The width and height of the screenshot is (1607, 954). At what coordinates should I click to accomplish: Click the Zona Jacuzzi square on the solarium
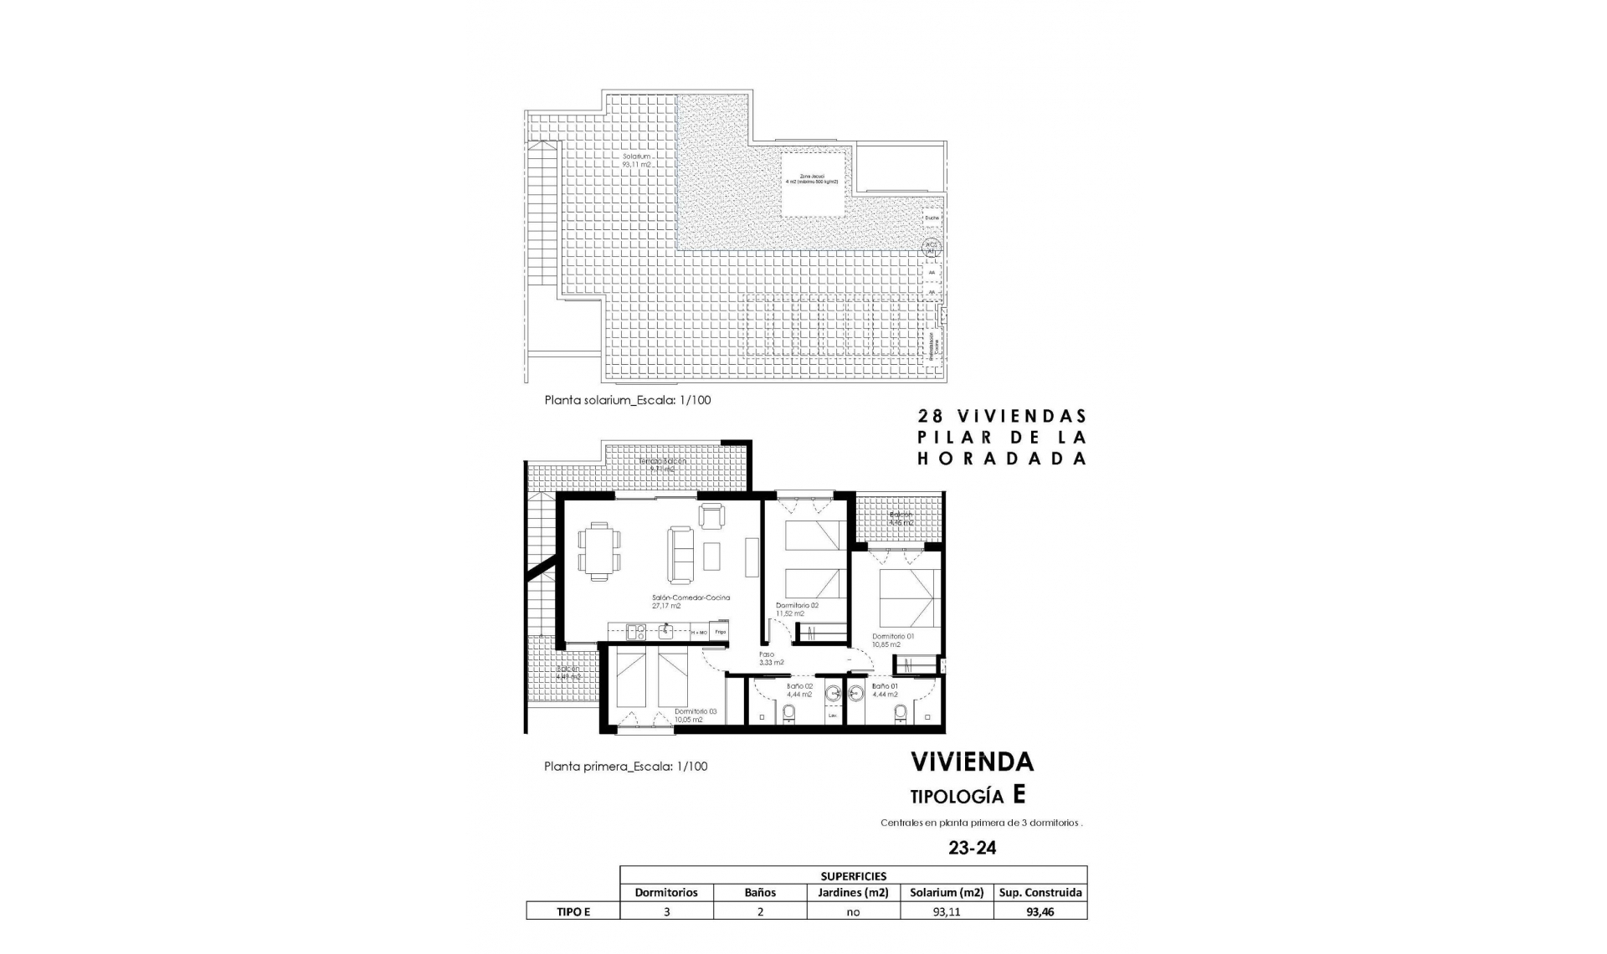coord(812,184)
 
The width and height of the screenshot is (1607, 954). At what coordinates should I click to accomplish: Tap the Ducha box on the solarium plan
coord(932,218)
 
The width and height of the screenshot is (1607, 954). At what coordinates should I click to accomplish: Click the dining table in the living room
coord(599,551)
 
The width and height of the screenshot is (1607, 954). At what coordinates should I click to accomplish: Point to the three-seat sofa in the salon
coord(680,554)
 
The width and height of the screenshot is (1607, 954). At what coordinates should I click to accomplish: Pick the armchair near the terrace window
coord(711,515)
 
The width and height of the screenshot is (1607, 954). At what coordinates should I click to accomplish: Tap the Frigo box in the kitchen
coord(720,633)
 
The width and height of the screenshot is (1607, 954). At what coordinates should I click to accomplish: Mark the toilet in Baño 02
coord(788,714)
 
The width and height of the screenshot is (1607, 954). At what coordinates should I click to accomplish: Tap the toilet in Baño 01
coord(900,714)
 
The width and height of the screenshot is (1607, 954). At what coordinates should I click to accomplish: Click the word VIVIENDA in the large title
coord(972,762)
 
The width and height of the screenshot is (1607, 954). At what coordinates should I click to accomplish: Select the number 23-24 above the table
coord(972,848)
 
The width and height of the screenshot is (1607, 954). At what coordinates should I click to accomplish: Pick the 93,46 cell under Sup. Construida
coord(1040,912)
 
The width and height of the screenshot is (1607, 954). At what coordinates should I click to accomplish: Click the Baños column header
coord(760,892)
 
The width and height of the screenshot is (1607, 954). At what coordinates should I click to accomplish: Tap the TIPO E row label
coord(573,912)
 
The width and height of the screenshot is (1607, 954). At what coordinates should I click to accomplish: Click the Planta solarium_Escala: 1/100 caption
coord(627,400)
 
